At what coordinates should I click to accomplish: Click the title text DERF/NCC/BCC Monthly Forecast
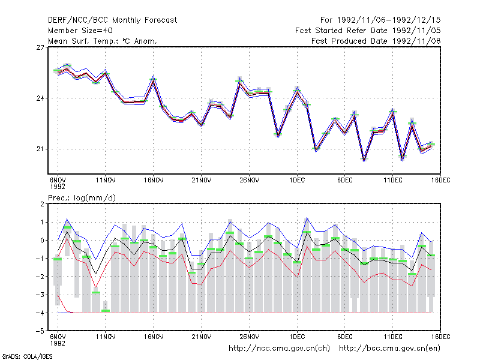112,20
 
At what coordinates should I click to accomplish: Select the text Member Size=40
80,31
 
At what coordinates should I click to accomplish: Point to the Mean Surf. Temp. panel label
103,41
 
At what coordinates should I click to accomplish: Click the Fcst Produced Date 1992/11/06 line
376,41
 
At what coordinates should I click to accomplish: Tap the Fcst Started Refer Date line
368,31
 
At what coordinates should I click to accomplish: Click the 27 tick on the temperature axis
40,47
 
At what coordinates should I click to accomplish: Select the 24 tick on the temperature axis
40,98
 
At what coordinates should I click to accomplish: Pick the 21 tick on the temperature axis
40,149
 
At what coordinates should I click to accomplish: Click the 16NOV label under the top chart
154,181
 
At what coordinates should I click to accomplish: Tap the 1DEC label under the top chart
297,181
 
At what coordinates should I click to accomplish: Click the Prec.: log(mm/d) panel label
82,198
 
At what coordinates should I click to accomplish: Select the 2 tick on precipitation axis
42,204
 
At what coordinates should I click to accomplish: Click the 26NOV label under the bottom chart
249,337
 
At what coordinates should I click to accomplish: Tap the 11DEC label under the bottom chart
393,337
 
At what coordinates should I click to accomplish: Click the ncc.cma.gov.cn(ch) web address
279,349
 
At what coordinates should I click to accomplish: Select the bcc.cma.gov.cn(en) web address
389,349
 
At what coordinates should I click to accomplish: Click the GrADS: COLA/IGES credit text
27,356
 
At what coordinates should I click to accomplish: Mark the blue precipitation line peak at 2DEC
307,218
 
